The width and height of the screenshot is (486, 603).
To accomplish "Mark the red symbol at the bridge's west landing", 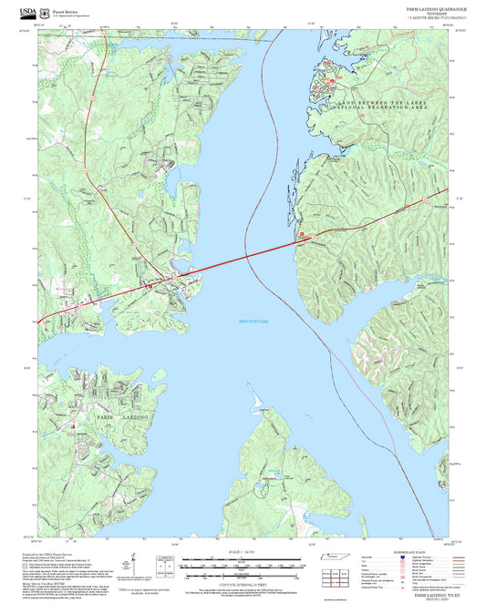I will [152, 285].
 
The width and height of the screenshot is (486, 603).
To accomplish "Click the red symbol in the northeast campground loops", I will [332, 79].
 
